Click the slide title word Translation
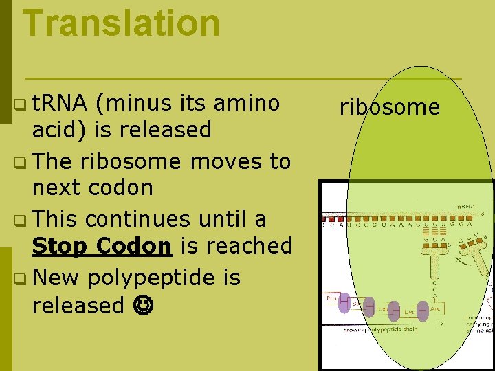(x=121, y=23)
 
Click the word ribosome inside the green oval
(x=389, y=107)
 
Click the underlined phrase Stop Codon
(x=102, y=245)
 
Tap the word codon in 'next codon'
(x=123, y=188)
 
